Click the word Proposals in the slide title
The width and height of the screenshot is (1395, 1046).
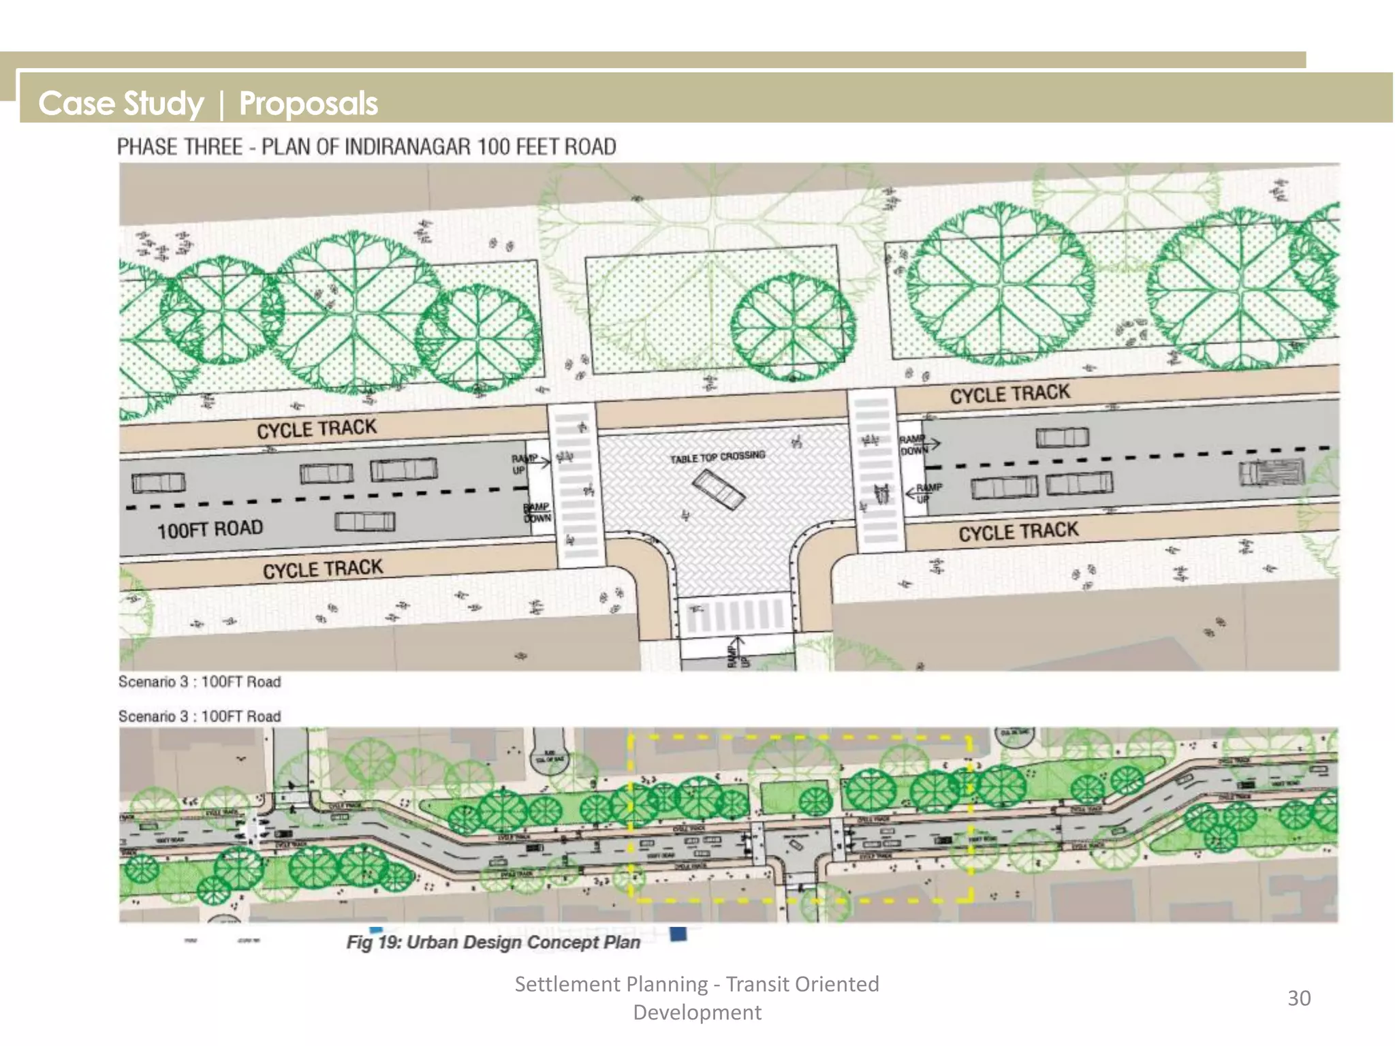tap(308, 104)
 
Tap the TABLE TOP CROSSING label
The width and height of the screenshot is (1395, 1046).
tap(717, 456)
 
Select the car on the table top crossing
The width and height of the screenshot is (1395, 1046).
tap(718, 490)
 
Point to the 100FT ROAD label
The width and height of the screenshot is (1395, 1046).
tap(210, 529)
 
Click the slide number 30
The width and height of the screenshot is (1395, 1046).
tap(1298, 998)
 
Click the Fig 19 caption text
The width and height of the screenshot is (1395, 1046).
tap(493, 942)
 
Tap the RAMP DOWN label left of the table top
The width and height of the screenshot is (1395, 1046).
tap(537, 513)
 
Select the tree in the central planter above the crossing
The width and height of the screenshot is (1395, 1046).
tap(792, 327)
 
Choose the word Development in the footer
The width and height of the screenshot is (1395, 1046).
tap(697, 1013)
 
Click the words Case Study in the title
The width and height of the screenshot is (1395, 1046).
tap(121, 104)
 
